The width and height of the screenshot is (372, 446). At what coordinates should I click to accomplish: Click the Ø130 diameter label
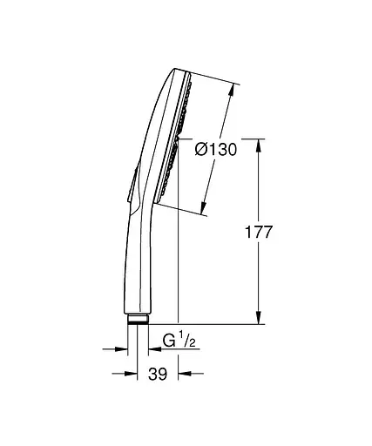click(x=216, y=149)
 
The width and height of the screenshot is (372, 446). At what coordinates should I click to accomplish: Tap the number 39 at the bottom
click(x=159, y=375)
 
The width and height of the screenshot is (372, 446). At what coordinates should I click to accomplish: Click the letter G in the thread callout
click(x=168, y=341)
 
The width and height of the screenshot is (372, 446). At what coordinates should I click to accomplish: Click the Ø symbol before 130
click(x=201, y=149)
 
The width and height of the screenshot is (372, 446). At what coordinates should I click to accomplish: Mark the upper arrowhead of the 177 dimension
click(x=259, y=143)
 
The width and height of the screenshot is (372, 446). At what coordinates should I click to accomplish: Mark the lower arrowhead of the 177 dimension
click(x=259, y=319)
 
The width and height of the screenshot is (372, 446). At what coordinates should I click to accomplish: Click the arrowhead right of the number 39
click(x=182, y=375)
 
